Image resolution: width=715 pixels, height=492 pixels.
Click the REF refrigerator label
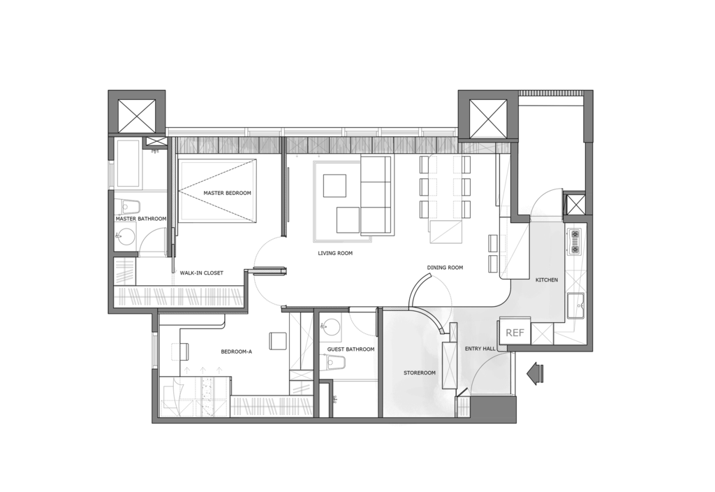tap(515, 333)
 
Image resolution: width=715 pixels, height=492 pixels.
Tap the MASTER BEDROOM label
tap(227, 193)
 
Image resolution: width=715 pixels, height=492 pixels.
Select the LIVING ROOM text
tap(335, 253)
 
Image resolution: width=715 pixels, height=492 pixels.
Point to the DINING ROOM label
tap(445, 268)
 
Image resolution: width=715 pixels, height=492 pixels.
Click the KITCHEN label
tap(546, 280)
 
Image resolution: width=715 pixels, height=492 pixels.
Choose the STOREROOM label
tap(420, 373)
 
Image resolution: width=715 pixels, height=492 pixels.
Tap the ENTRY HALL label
tap(480, 349)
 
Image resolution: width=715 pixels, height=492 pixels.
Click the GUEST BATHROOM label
tap(351, 349)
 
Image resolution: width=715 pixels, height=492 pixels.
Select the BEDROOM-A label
tap(236, 352)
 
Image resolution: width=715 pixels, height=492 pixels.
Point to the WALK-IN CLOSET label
tap(202, 273)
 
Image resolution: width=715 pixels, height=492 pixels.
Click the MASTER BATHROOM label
tap(141, 219)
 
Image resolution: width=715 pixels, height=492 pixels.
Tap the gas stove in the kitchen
tap(575, 241)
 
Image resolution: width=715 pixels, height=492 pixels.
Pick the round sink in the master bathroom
tap(124, 238)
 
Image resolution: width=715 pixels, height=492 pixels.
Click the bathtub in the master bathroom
tap(128, 163)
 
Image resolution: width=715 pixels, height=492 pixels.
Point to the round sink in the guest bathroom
tap(332, 328)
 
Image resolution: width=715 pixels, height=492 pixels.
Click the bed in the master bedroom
tap(217, 191)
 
